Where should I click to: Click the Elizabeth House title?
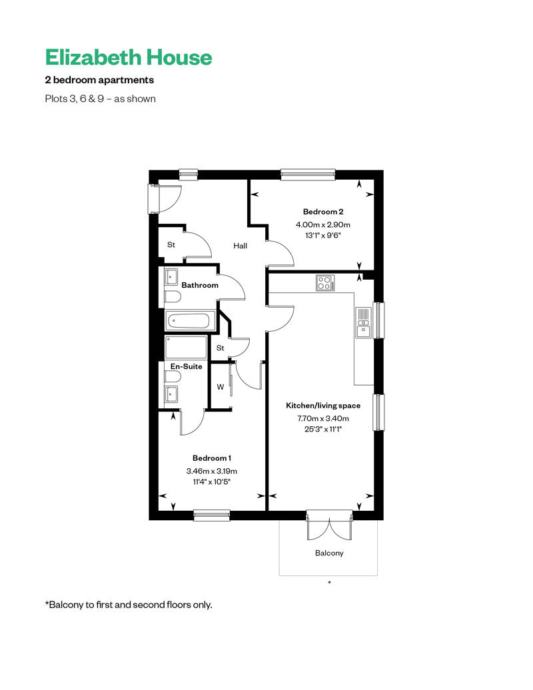click(129, 57)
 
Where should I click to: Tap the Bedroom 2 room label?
click(323, 212)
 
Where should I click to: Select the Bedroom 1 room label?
click(212, 458)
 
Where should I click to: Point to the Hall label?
click(241, 246)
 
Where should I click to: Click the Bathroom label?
click(200, 285)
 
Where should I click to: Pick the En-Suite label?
click(186, 366)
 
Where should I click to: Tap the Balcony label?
click(329, 553)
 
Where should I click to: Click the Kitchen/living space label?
click(323, 406)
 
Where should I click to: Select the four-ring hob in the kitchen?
click(325, 282)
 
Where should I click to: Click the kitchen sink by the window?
click(363, 322)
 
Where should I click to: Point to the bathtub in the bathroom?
click(190, 321)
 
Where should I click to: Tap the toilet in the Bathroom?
click(173, 297)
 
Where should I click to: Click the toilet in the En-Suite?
click(173, 377)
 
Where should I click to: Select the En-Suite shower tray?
click(186, 347)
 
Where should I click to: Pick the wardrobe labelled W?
click(221, 387)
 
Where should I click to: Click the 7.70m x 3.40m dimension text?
click(323, 418)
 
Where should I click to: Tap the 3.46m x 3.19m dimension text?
click(212, 471)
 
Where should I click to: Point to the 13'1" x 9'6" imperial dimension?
click(323, 235)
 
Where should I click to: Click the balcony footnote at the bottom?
click(129, 605)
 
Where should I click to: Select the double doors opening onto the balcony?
click(329, 526)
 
